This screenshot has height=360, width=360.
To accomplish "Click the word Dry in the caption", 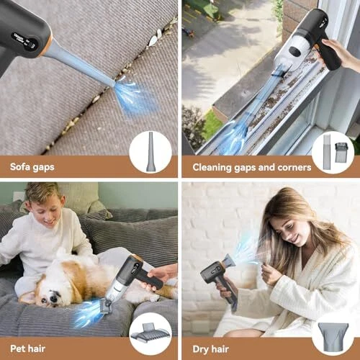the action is [x=201, y=350].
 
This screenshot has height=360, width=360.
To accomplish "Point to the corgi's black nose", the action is [x=53, y=298].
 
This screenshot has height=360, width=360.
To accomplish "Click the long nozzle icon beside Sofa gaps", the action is [x=150, y=151].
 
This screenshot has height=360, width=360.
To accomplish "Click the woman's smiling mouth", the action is [x=296, y=238].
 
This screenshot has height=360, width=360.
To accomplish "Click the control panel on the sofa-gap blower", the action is [x=24, y=41].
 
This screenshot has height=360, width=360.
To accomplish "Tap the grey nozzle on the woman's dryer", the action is [x=230, y=261].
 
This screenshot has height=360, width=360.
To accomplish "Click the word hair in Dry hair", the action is [x=220, y=349].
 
